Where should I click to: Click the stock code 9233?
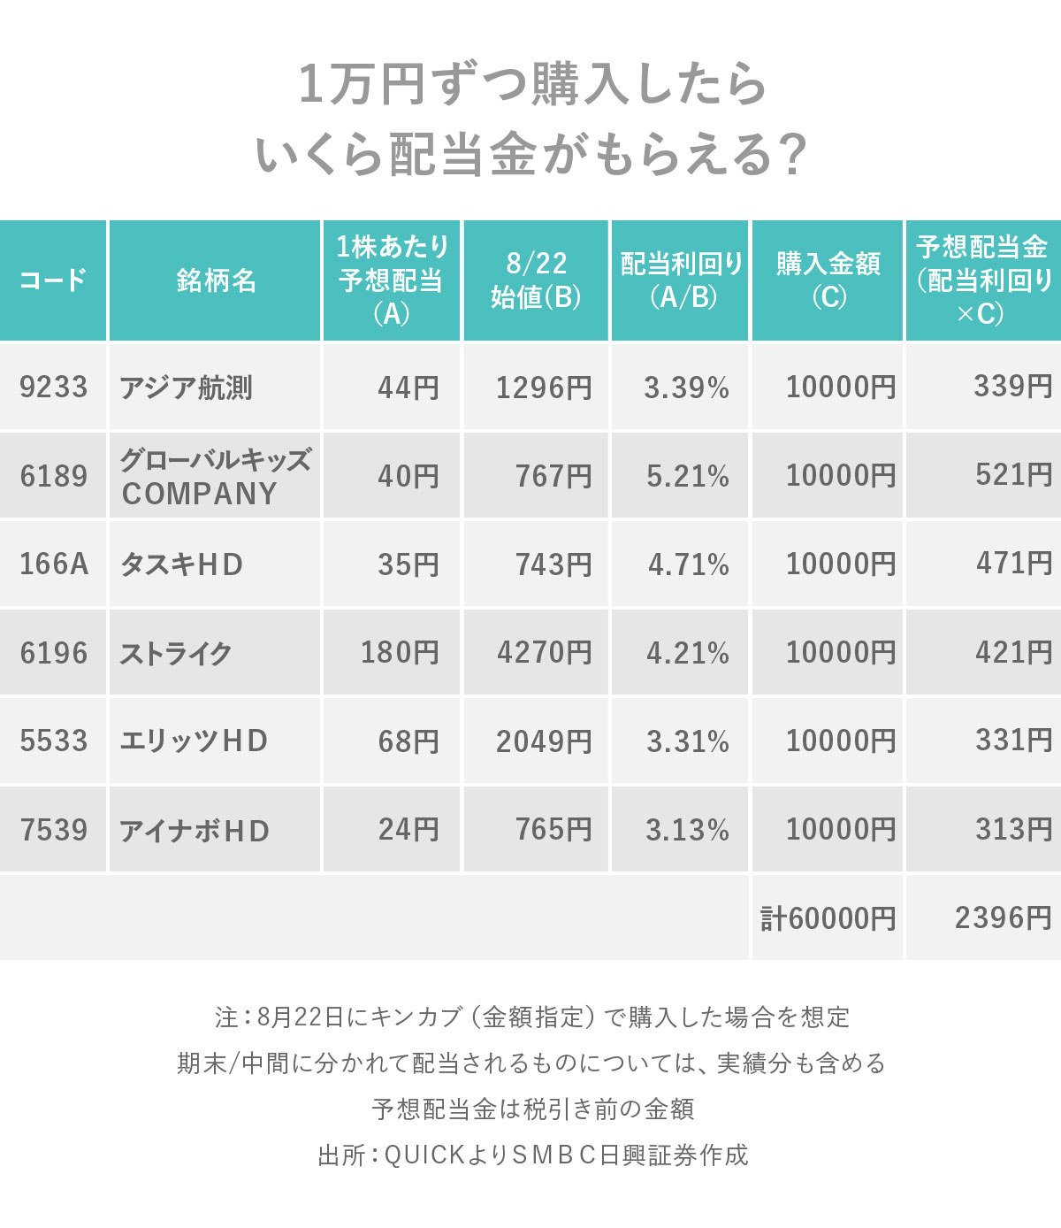pyautogui.click(x=54, y=388)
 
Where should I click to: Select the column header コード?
pyautogui.click(x=53, y=280)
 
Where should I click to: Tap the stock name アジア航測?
pyautogui.click(x=187, y=388)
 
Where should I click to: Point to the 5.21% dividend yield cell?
pyautogui.click(x=688, y=476)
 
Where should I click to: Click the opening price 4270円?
pyautogui.click(x=544, y=653)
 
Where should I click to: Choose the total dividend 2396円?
pyautogui.click(x=1004, y=918)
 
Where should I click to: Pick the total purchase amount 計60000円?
pyautogui.click(x=828, y=918)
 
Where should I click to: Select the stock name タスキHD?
pyautogui.click(x=181, y=564)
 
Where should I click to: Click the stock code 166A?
pyautogui.click(x=54, y=564)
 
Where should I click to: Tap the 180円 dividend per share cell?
pyautogui.click(x=400, y=653)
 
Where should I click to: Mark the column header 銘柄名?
pyautogui.click(x=216, y=280)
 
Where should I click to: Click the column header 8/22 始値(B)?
pyautogui.click(x=536, y=280)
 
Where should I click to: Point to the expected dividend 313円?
pyautogui.click(x=1014, y=830)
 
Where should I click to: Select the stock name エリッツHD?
pyautogui.click(x=194, y=741)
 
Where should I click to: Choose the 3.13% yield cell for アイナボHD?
pyautogui.click(x=687, y=830)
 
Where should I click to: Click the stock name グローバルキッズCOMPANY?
pyautogui.click(x=216, y=476)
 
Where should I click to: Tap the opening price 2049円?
pyautogui.click(x=544, y=741)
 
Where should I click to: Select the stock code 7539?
pyautogui.click(x=54, y=830)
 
